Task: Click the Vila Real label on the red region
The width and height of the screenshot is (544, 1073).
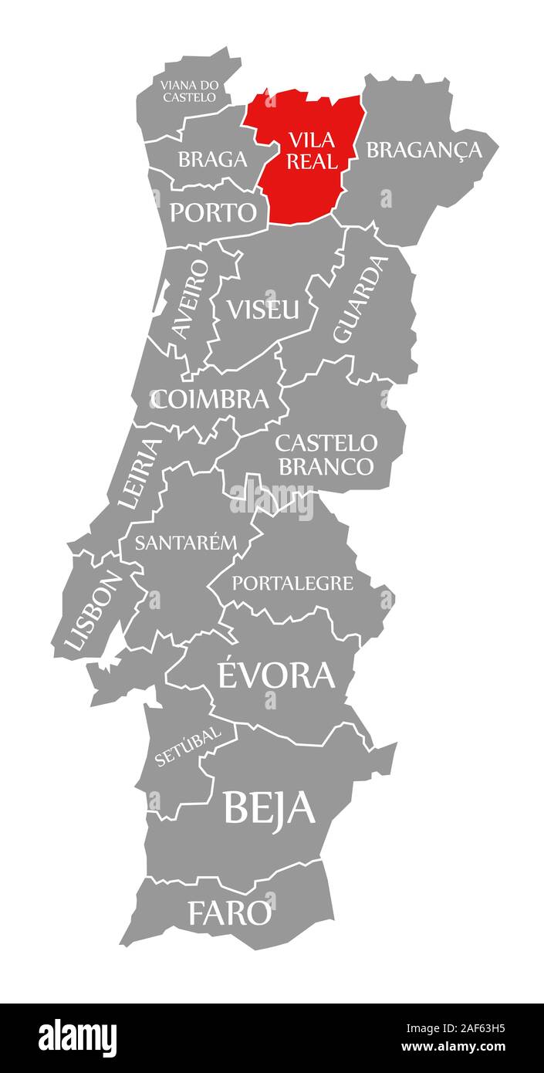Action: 313,151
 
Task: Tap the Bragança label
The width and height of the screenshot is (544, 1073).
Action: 424,150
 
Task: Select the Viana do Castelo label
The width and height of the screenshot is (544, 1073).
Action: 189,91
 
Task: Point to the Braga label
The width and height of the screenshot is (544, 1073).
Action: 212,159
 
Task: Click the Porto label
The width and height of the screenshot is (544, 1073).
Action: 213,212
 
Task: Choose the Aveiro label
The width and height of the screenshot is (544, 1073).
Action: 191,298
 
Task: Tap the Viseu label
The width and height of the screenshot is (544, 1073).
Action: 262,310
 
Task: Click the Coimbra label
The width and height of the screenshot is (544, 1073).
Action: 211,399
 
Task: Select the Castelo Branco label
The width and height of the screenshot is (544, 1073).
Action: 326,455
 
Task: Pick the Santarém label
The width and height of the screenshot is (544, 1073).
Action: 185,542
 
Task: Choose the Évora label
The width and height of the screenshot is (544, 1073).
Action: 275,675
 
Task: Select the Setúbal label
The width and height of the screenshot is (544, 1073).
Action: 188,745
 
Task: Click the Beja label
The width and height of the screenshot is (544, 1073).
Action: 269,807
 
